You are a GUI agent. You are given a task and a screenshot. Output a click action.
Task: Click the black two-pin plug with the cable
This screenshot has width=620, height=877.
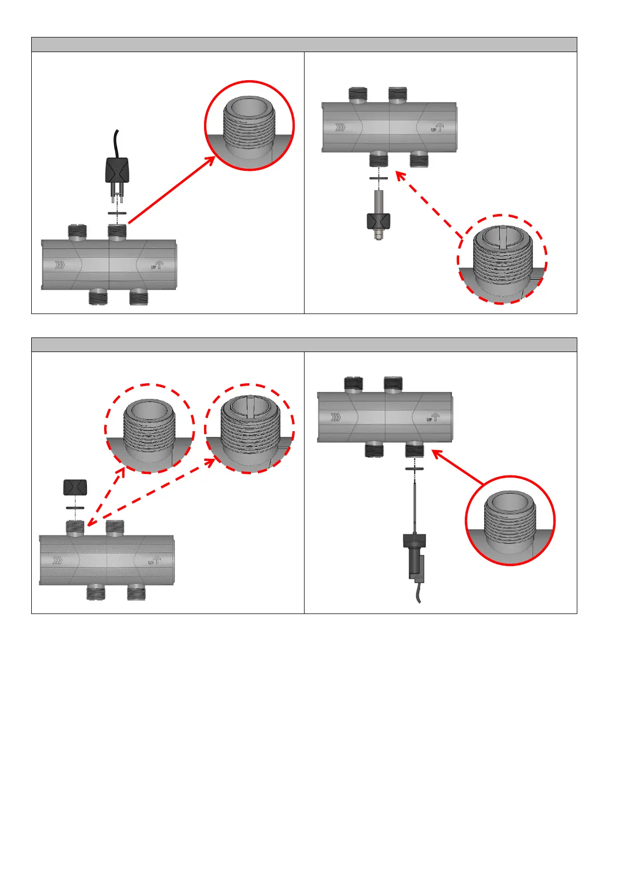point(117,170)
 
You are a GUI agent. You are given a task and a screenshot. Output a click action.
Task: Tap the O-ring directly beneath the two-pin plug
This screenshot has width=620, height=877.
point(117,214)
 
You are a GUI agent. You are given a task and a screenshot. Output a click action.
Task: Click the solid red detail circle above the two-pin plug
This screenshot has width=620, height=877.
point(249,126)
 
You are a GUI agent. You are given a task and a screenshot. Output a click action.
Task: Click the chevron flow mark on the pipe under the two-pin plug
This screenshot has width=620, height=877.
point(60,265)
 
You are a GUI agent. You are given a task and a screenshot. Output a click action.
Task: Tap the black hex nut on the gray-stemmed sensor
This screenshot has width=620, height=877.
point(378,221)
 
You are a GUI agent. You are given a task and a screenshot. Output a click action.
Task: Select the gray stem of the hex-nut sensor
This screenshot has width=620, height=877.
point(378,201)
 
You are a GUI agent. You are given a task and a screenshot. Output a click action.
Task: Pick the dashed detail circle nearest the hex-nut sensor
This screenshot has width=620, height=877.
point(502,259)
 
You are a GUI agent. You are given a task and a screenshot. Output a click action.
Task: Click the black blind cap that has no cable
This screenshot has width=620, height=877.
point(75,487)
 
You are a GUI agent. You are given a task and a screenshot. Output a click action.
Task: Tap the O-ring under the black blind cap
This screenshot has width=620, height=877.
point(75,507)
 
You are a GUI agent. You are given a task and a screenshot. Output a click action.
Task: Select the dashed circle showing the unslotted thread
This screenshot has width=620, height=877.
point(149,428)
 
